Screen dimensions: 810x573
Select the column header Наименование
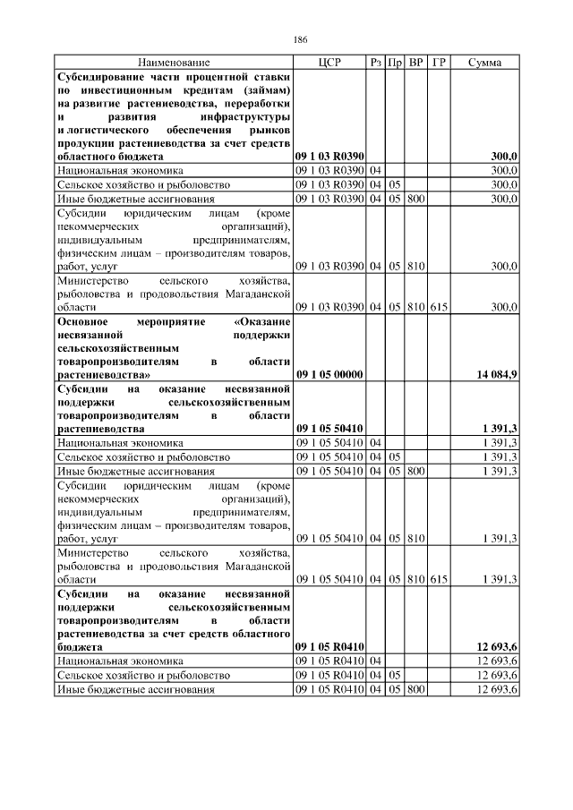[174, 63]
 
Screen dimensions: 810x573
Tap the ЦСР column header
[329, 63]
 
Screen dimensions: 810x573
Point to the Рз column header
[375, 63]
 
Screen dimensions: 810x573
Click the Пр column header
[395, 63]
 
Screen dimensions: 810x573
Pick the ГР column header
[439, 63]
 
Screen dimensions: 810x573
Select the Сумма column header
[484, 63]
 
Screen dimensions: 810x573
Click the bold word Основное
[82, 321]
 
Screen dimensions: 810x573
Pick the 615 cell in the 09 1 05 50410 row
[439, 580]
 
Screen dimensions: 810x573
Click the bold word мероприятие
[173, 321]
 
